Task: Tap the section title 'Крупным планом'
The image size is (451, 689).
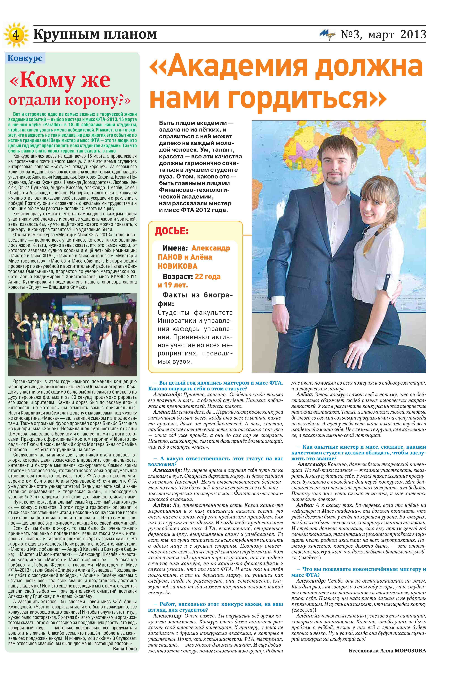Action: [95, 34]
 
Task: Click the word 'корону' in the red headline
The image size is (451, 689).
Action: [92, 100]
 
